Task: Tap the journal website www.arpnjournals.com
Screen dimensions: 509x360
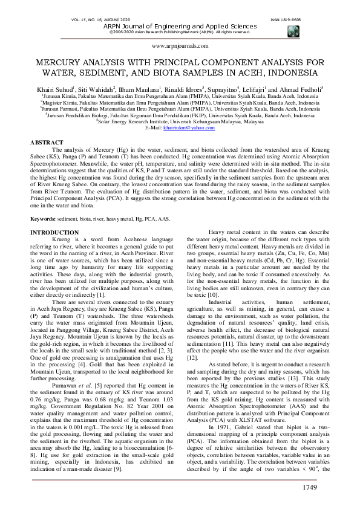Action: point(180,46)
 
